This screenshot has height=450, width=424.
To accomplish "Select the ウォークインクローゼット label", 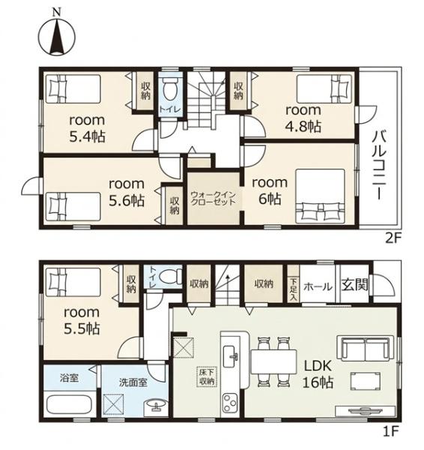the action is coord(213,199).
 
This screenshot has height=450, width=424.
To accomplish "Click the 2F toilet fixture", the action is coord(171,89).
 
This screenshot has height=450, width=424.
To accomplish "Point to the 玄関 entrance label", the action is coord(354,285).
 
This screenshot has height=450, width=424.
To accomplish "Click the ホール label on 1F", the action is coord(318,286).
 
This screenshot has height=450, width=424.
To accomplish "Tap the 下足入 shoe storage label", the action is coord(293,289).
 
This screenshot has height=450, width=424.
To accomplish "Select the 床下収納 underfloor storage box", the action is coord(207,376).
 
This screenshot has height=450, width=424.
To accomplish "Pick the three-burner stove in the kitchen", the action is coord(231,403).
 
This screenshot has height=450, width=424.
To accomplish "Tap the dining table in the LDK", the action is coord(273,361).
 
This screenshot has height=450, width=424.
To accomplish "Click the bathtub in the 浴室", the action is coord(69,405).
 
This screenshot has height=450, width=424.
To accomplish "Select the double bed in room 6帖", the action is coord(320,196).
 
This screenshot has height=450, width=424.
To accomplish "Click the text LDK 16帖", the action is coord(318,374).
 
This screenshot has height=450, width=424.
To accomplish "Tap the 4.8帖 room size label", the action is coord(303,127).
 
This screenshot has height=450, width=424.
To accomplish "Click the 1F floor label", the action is coord(391,430).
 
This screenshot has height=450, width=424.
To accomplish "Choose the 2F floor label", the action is coord(392,238).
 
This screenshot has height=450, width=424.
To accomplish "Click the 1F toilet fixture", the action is coord(170,277).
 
